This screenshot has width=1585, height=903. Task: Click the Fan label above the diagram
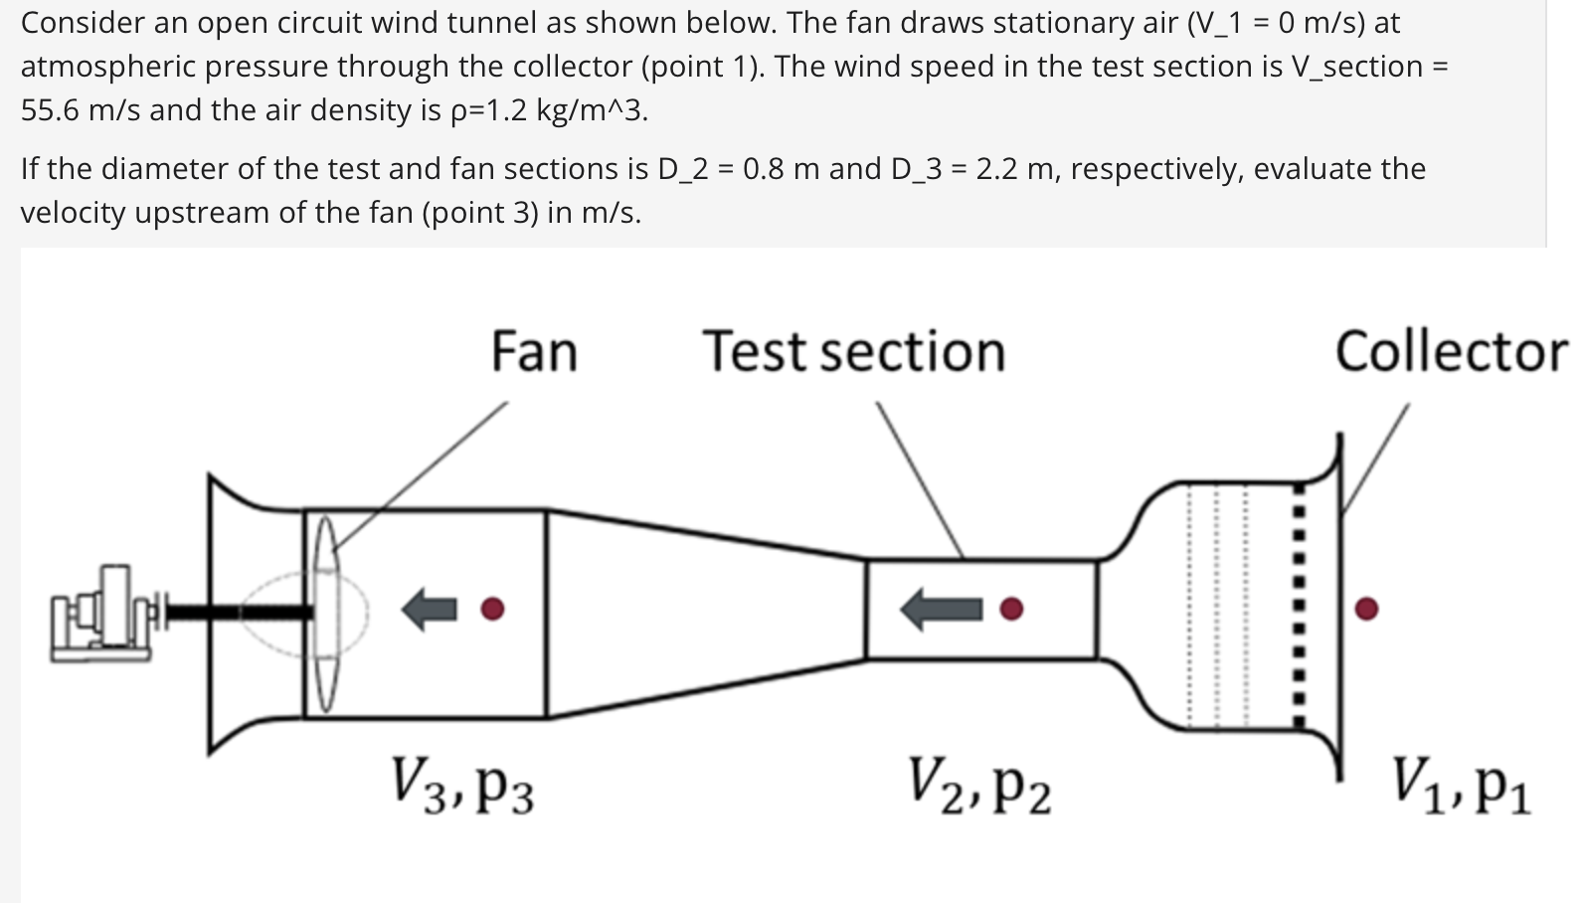(x=534, y=352)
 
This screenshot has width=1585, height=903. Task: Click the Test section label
(x=854, y=352)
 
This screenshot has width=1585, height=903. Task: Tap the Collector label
(x=1451, y=352)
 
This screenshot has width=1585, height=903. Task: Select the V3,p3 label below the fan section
(x=462, y=785)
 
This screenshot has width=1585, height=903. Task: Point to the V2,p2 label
(x=979, y=785)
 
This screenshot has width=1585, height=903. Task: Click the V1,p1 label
(x=1462, y=785)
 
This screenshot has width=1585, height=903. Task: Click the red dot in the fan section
(x=492, y=608)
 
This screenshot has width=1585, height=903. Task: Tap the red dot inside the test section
(x=1011, y=609)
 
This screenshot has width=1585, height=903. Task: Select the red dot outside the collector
(x=1367, y=608)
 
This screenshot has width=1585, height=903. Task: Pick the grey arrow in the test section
(x=941, y=609)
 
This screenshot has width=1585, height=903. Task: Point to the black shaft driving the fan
(x=239, y=611)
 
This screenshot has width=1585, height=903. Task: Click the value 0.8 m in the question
(x=781, y=169)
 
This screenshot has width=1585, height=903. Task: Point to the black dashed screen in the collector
(x=1298, y=607)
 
